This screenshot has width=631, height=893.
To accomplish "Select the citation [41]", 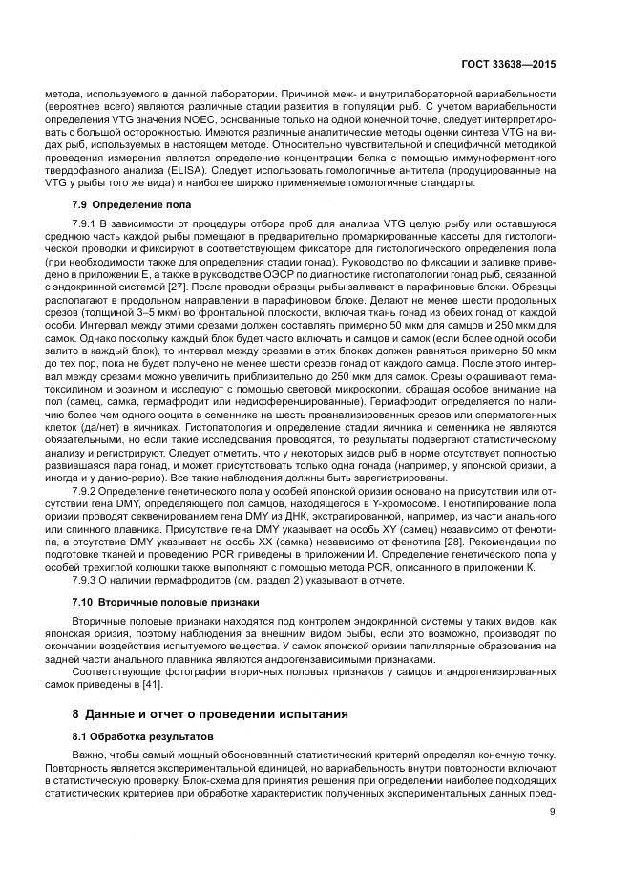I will pos(152,684).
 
